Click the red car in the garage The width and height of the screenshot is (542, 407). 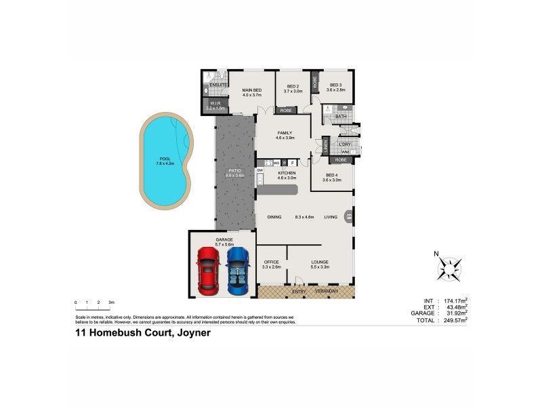[x=208, y=269]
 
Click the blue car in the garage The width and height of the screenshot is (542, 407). [x=238, y=269]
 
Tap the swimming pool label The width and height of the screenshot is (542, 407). [x=165, y=161]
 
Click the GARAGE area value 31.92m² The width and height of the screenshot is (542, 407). [x=457, y=313]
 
